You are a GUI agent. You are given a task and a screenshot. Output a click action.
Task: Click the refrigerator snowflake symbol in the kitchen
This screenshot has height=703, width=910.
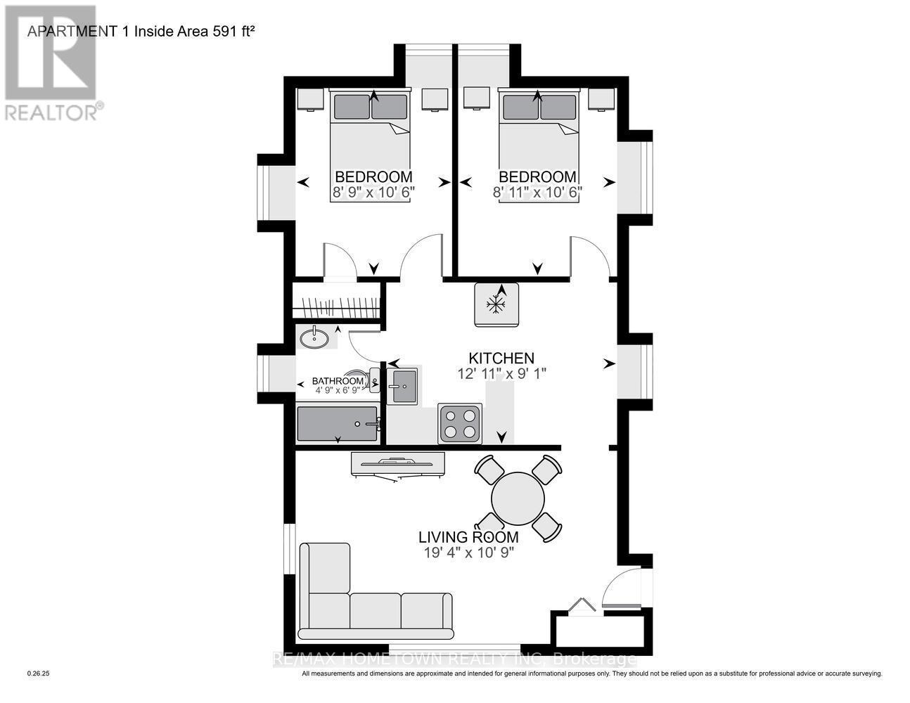496,304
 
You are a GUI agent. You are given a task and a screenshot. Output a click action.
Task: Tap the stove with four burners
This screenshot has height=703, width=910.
460,424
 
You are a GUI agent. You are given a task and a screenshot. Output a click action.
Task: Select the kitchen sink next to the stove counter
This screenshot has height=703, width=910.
404,386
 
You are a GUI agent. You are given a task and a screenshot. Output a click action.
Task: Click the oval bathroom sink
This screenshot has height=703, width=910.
314,339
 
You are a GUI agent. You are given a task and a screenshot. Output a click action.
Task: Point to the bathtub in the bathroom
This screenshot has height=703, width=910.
338,423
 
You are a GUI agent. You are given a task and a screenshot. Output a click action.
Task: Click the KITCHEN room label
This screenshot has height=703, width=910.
501,359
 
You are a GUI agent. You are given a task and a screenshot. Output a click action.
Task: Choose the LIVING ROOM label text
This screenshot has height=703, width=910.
468,537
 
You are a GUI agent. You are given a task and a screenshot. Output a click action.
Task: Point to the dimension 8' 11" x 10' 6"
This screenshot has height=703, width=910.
537,191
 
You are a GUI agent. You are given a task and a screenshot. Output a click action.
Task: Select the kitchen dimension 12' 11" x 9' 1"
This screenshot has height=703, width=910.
501,374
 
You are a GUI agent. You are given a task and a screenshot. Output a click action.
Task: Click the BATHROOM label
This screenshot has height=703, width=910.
338,382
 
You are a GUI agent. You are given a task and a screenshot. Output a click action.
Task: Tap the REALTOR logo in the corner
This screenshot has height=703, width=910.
51,63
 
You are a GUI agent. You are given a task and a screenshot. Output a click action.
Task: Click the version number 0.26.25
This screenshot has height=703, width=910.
39,673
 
